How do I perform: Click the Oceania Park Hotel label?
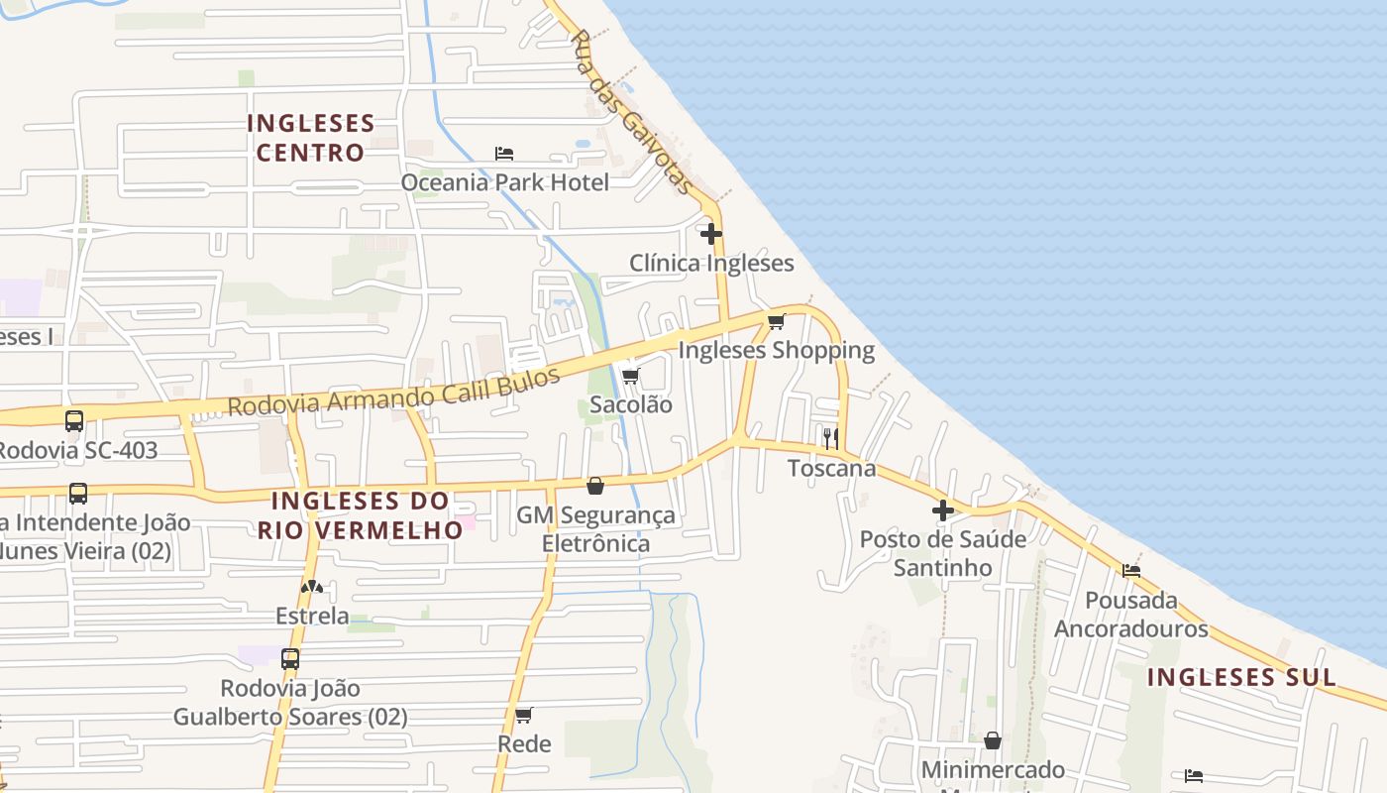(x=504, y=182)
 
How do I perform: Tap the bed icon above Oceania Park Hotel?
(x=504, y=154)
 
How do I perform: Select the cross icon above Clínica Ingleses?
(x=711, y=234)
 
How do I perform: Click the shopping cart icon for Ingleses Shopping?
(x=776, y=321)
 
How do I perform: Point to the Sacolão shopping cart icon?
(x=630, y=376)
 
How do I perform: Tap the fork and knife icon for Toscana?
(x=831, y=438)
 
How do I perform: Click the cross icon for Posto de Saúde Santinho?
(x=943, y=510)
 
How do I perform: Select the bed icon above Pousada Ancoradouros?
(x=1130, y=570)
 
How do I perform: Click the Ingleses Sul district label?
(x=1241, y=678)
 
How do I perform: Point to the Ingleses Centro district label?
(x=311, y=138)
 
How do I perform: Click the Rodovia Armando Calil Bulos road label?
(x=393, y=393)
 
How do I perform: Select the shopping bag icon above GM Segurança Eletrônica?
(x=595, y=486)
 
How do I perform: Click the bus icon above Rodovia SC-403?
(x=74, y=420)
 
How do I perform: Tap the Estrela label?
(x=312, y=616)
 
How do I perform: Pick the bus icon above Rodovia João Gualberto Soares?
(x=290, y=658)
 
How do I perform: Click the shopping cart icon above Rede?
(x=524, y=715)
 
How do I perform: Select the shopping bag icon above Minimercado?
(x=993, y=740)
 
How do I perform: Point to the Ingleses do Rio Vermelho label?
(x=361, y=515)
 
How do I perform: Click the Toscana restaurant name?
(x=832, y=468)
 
